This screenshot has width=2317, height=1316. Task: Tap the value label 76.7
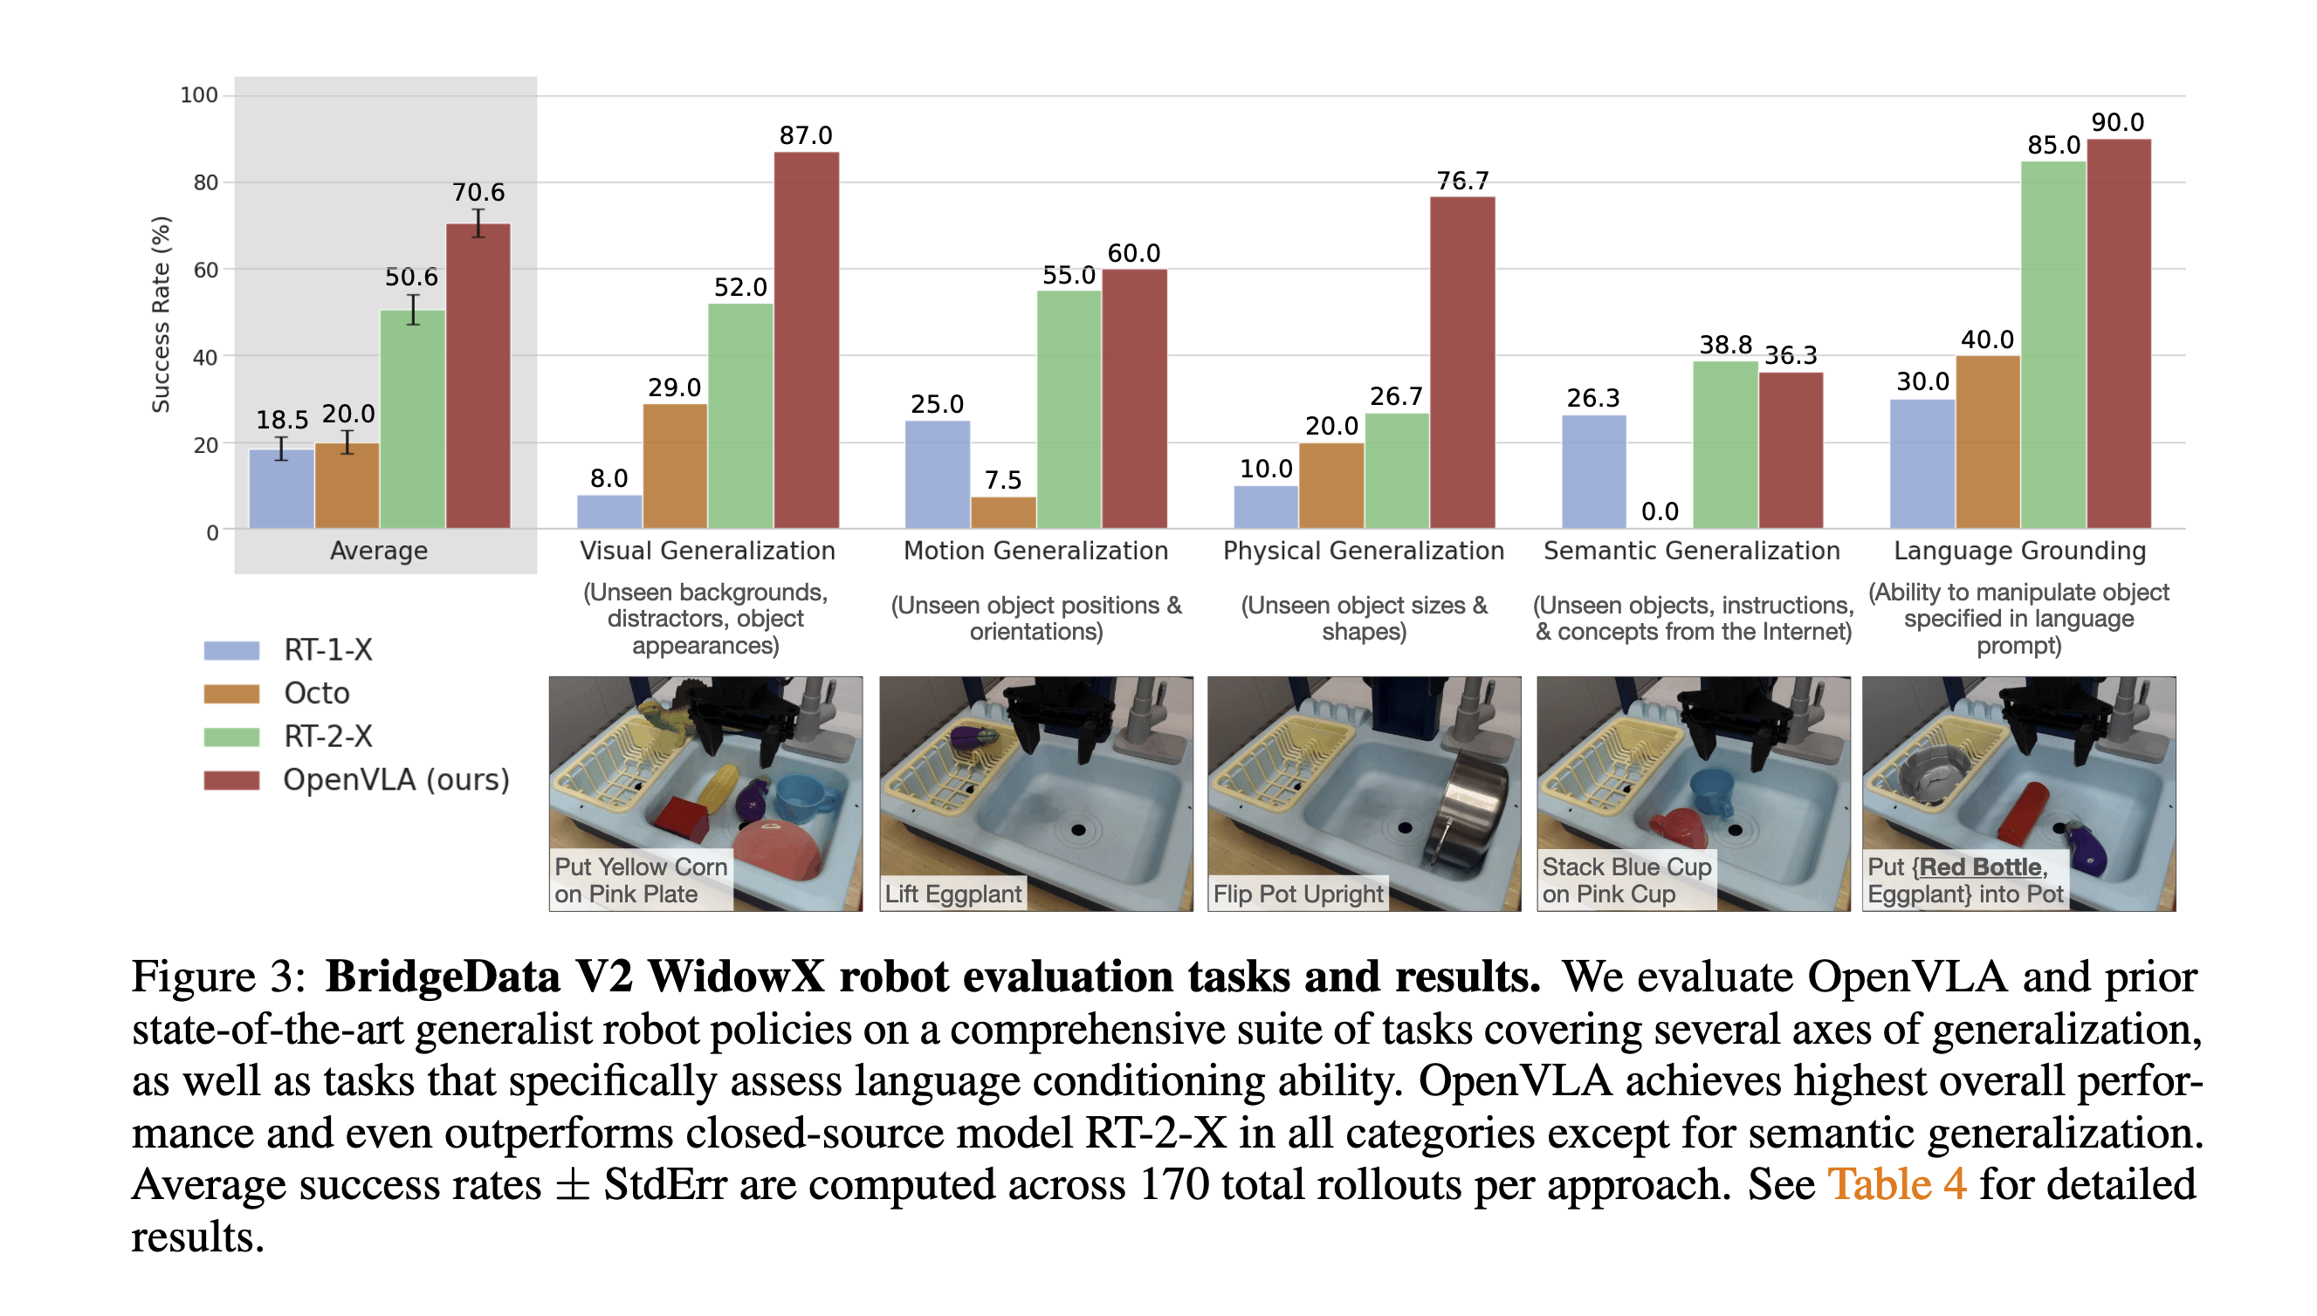(x=1461, y=181)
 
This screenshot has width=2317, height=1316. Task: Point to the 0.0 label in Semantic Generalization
(x=1658, y=511)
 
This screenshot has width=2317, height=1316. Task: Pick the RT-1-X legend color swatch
(x=231, y=650)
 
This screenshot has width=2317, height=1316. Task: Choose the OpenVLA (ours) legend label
(x=395, y=779)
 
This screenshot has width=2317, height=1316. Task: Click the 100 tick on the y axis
(x=199, y=95)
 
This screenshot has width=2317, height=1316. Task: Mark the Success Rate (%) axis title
(x=161, y=314)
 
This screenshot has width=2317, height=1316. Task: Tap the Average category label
(x=378, y=551)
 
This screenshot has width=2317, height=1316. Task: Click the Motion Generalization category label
(x=1035, y=551)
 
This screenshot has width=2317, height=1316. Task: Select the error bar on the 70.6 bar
(x=478, y=223)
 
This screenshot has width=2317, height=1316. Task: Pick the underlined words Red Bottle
(x=1979, y=867)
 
